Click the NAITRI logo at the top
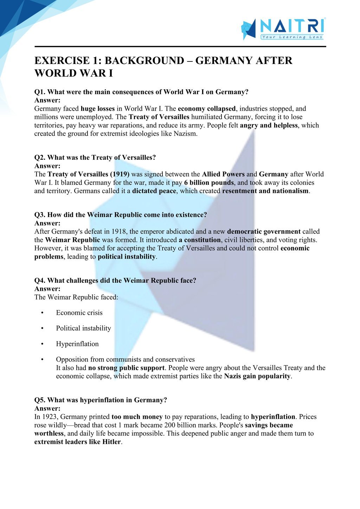283,28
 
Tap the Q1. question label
40,92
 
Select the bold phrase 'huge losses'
98,109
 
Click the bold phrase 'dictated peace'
154,191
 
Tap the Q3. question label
40,215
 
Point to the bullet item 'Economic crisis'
79,313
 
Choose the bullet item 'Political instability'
83,328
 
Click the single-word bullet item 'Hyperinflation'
77,344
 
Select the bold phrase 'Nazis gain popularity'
258,376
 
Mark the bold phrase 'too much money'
137,417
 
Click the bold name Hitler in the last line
111,442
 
